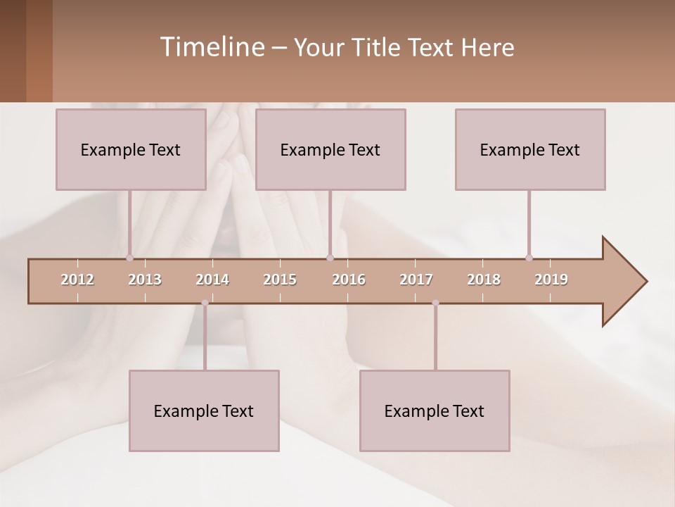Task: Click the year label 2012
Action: (77, 280)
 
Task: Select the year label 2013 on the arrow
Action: (145, 280)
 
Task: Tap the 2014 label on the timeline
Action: (212, 280)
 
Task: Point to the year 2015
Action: (280, 280)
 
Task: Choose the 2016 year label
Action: (349, 280)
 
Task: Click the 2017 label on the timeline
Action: (416, 280)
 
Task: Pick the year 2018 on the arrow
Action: (484, 280)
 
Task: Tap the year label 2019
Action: (551, 280)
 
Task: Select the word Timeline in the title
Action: (210, 47)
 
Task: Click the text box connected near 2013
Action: (131, 149)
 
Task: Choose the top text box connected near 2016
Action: (330, 149)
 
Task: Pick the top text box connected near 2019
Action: (530, 149)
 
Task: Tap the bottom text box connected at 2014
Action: (204, 411)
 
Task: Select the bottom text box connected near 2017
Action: (435, 411)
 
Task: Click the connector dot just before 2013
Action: (129, 258)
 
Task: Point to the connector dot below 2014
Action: (205, 303)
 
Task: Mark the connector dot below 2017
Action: (435, 303)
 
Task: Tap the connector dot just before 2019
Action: (529, 258)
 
